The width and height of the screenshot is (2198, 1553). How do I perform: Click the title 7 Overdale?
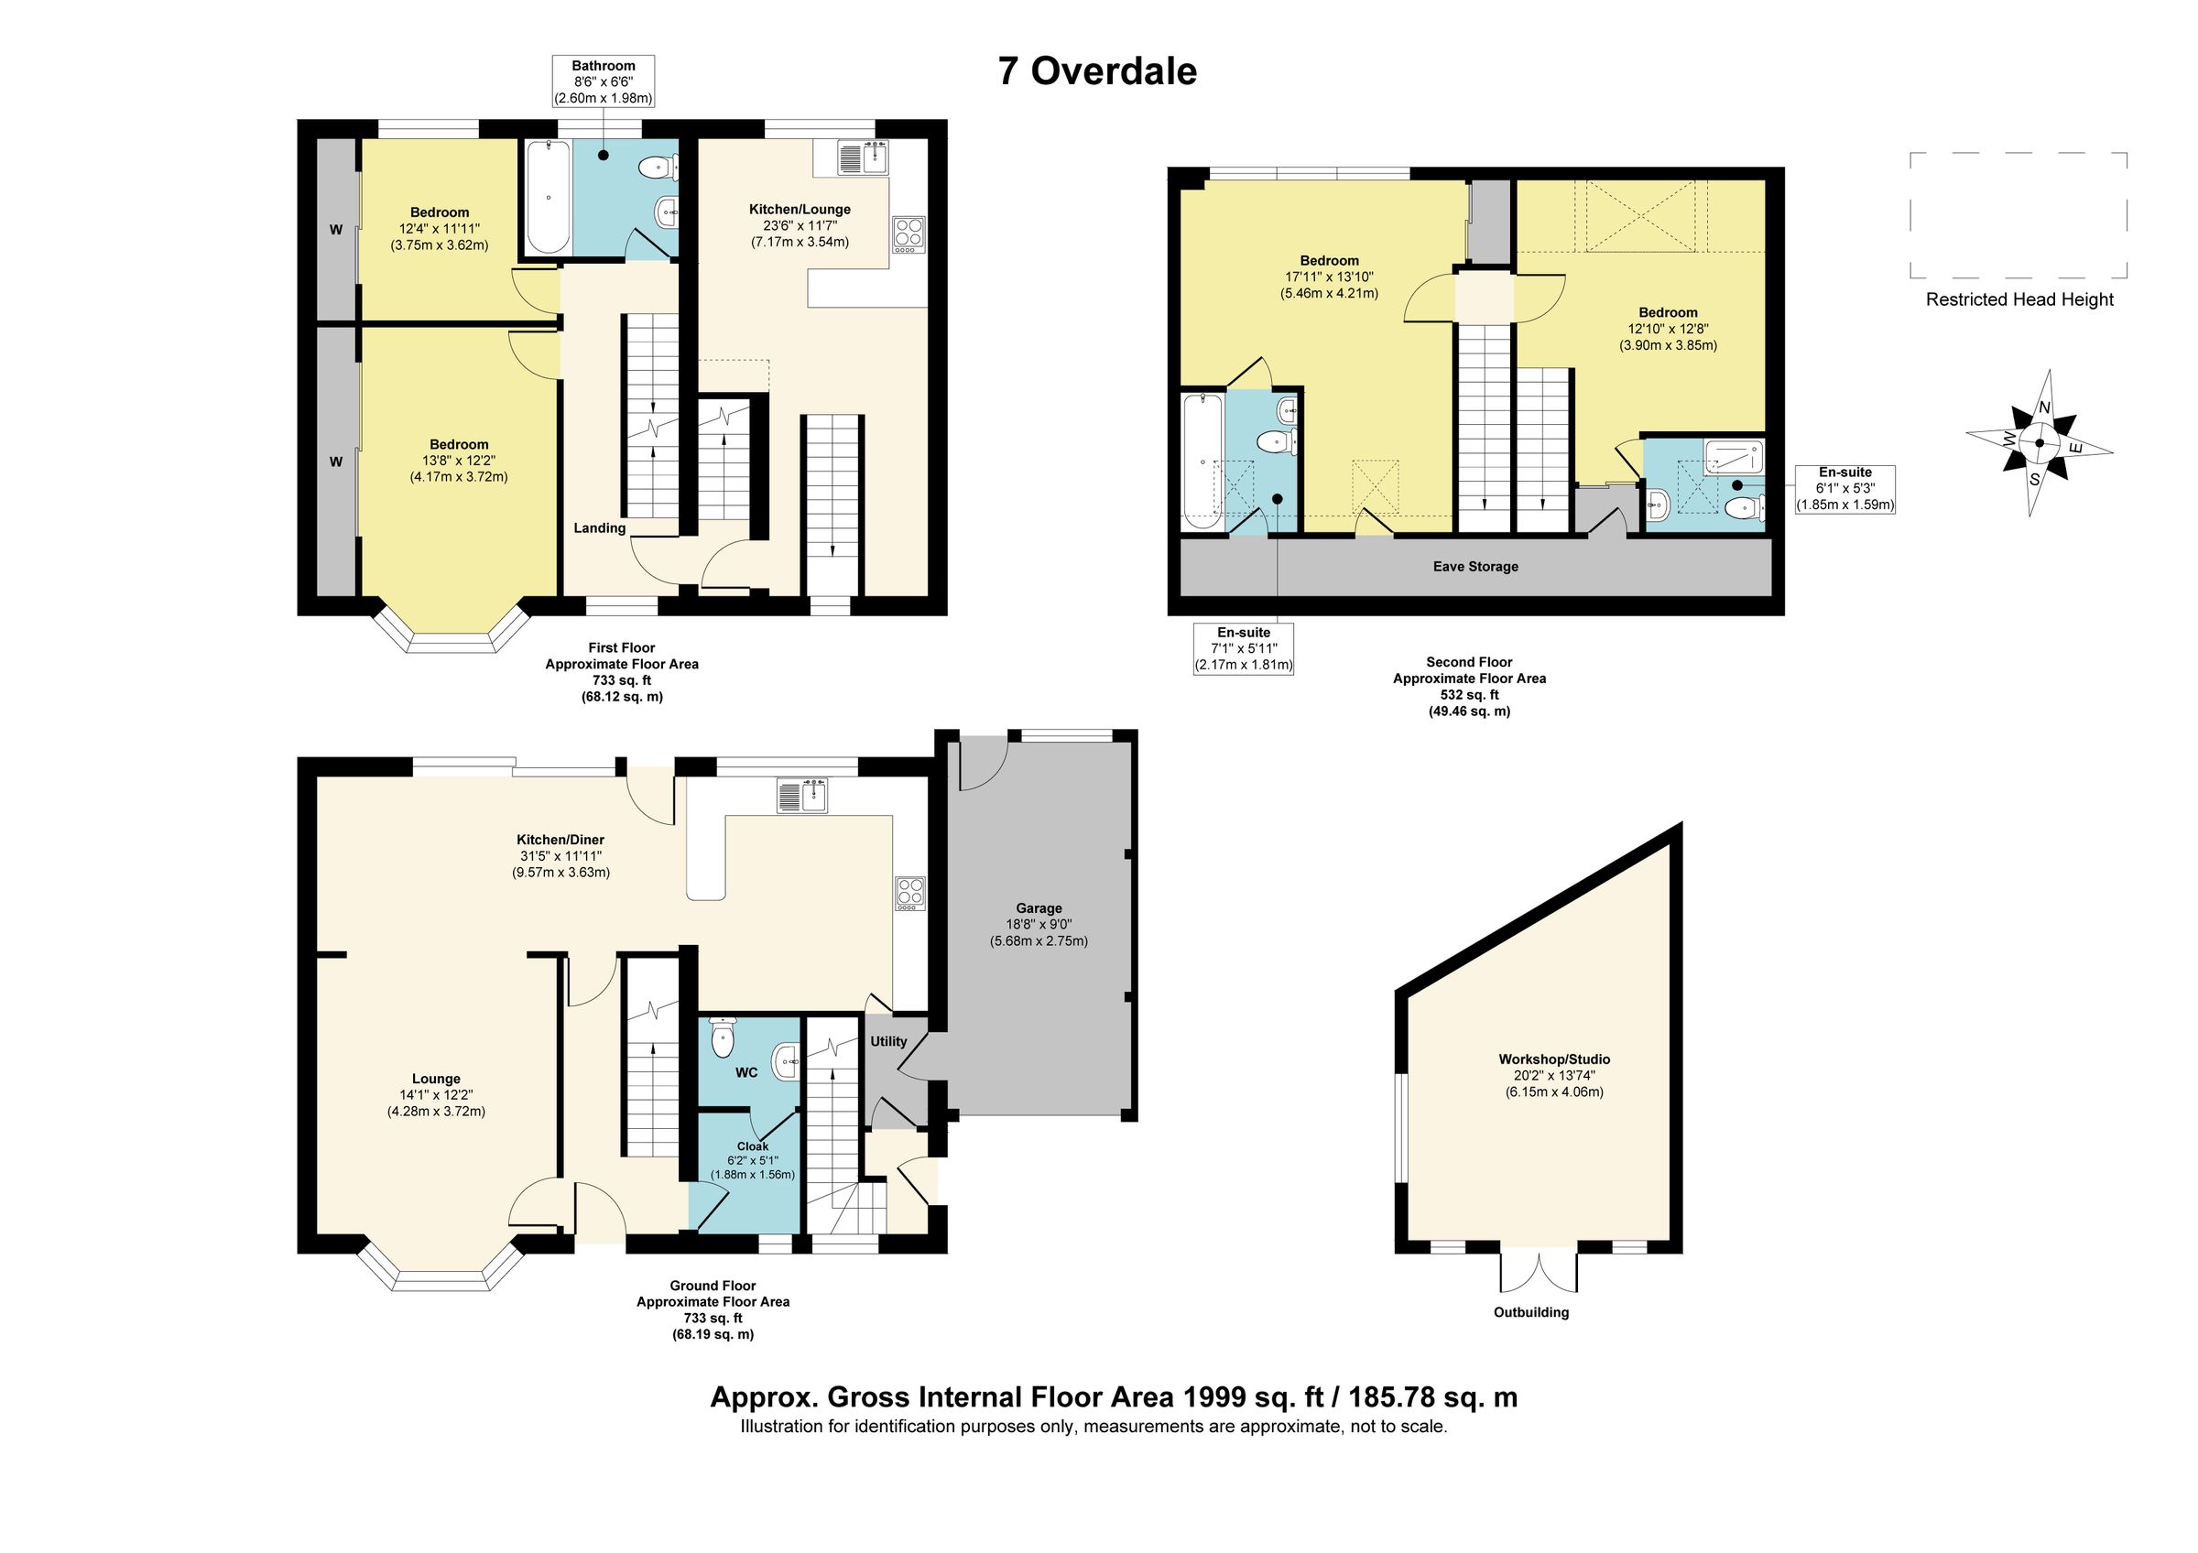coord(1097,71)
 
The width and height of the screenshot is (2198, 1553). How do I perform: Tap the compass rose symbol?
coord(2038,443)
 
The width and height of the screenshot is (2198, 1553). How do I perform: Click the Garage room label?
coord(1039,908)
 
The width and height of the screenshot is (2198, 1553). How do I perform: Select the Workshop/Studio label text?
coord(1554,1059)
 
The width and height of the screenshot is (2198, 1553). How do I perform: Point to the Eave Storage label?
coord(1475,567)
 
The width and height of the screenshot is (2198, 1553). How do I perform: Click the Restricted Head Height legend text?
coord(2019,299)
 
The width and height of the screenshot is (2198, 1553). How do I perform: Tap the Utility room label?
coord(888,1041)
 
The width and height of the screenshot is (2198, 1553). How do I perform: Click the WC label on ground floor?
coord(746,1072)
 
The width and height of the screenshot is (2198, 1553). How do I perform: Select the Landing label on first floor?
coord(599,528)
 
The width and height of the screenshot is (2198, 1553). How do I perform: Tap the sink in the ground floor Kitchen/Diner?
coord(802,796)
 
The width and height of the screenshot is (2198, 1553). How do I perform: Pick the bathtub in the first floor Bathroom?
coord(548,197)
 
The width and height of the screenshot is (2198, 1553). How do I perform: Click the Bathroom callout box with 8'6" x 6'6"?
coord(604,81)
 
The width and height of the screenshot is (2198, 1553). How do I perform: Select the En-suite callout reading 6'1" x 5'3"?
coord(1844,489)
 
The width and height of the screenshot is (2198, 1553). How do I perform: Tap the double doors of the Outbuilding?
coord(1539,1272)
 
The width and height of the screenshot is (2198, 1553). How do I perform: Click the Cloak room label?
coord(753,1146)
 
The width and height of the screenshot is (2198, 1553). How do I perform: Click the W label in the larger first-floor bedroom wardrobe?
coord(336,462)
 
